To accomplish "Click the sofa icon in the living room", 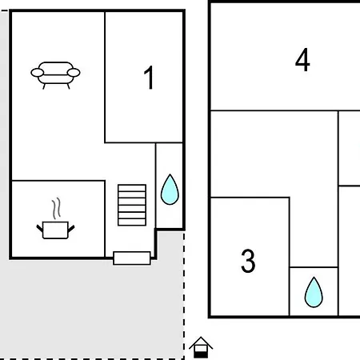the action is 55,75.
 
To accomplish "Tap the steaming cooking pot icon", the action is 55,218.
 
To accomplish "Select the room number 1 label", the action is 149,78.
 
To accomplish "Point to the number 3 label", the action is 248,261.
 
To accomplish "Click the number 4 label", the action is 302,60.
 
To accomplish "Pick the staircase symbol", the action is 132,205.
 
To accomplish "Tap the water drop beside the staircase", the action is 170,190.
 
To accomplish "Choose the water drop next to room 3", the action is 314,292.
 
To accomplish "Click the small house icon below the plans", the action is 201,347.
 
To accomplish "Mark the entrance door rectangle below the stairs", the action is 132,258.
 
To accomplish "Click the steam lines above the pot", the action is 56,208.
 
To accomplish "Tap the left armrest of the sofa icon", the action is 38,73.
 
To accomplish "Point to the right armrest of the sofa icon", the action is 74,73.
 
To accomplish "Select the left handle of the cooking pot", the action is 40,228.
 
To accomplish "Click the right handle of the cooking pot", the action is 71,228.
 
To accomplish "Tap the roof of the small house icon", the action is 201,342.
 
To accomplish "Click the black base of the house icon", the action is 201,354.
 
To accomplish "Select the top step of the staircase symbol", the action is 132,188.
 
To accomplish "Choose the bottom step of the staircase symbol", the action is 132,222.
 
